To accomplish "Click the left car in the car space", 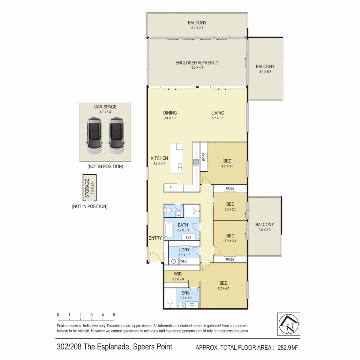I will point(95,136).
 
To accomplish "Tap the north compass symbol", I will point(288,323).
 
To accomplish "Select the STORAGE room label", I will point(87,189).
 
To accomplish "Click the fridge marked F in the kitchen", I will point(170,188).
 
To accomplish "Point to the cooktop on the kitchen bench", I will point(196,163).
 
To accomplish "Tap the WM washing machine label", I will point(183,261).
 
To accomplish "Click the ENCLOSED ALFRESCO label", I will point(197,63).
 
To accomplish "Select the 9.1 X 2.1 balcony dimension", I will point(197,28).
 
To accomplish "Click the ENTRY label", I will point(155,238).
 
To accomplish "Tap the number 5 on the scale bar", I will point(114,315).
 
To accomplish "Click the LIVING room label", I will point(218,113).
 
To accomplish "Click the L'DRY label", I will point(184,250).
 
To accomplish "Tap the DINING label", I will point(170,113).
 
